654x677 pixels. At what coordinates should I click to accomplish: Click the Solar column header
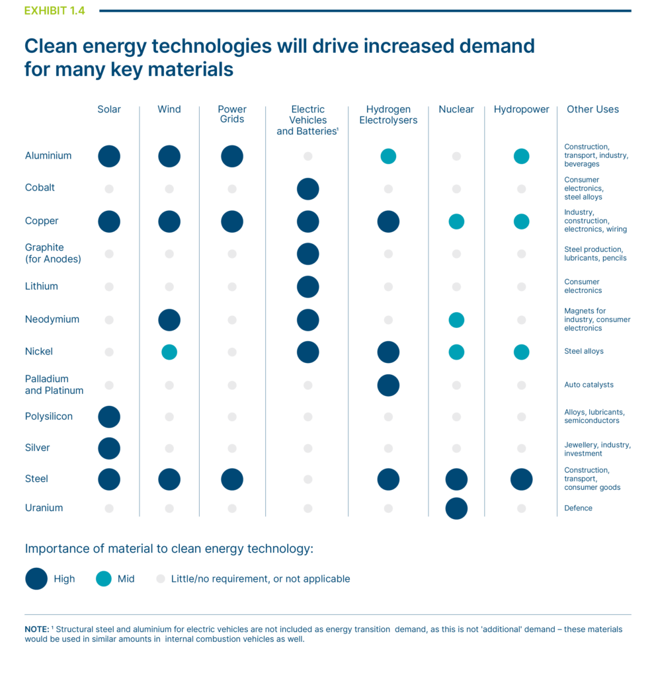(x=109, y=110)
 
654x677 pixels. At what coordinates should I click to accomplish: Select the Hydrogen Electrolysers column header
(x=388, y=115)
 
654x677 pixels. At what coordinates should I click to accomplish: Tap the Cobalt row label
(x=40, y=188)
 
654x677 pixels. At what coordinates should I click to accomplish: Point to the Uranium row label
(x=44, y=508)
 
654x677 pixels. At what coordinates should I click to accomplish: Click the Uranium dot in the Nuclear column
(x=456, y=508)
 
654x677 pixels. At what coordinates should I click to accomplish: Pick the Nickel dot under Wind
(x=169, y=352)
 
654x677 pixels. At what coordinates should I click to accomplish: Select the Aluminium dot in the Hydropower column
(x=521, y=157)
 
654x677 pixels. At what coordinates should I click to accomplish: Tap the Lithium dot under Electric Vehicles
(x=307, y=287)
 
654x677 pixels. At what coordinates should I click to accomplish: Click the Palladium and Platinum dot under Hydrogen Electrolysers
(x=388, y=385)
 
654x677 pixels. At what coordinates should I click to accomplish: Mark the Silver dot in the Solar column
(x=109, y=448)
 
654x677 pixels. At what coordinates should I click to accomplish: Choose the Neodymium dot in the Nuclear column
(x=456, y=320)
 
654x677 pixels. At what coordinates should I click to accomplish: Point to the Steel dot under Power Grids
(x=232, y=479)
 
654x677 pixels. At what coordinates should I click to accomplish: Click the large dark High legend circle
(x=36, y=578)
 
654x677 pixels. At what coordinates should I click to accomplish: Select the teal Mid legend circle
(x=104, y=579)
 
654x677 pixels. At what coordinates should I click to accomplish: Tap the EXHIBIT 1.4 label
(x=54, y=11)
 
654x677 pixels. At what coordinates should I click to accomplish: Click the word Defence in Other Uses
(x=578, y=508)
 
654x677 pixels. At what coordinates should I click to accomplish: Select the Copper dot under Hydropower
(x=521, y=221)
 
